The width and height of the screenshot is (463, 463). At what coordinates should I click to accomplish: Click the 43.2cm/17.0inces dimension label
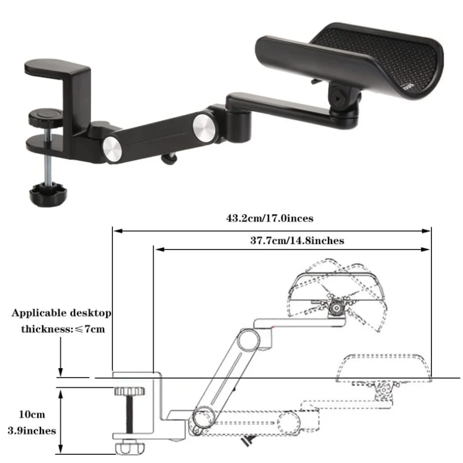[x=269, y=218]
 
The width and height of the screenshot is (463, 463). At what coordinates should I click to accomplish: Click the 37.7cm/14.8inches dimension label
[x=297, y=241]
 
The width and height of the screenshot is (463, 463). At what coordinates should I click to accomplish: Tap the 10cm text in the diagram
[x=32, y=414]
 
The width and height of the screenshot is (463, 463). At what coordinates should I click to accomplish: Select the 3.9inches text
[x=32, y=431]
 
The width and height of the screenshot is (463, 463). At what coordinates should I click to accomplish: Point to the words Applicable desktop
[x=62, y=313]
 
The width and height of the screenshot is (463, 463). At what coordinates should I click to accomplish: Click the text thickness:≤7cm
[x=63, y=329]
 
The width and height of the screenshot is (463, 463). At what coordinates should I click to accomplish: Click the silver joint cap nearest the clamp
[x=112, y=149]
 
